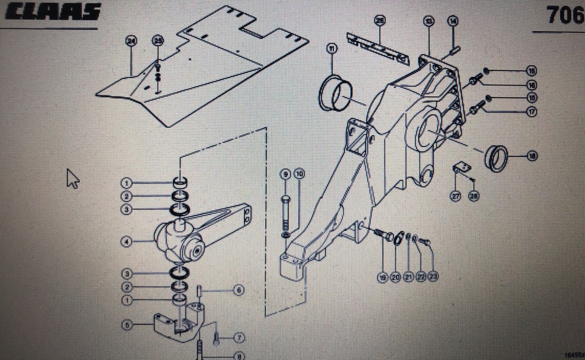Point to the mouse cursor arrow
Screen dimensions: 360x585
coord(72,179)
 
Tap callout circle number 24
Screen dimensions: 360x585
coord(131,41)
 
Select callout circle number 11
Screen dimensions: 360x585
coord(332,49)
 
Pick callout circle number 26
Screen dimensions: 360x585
coord(380,20)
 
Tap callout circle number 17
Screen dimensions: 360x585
coord(532,112)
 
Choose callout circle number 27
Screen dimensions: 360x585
coord(456,196)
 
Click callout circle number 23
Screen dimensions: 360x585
coord(433,277)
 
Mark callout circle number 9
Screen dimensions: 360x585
coord(284,174)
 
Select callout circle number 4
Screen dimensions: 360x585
coord(126,242)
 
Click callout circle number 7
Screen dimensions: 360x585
coord(239,337)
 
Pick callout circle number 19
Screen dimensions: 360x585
coord(382,277)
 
